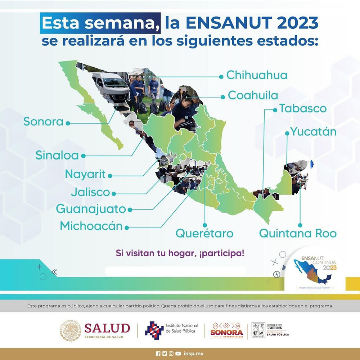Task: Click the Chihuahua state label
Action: click(x=257, y=76)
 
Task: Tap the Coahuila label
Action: click(x=253, y=95)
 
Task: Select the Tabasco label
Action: click(x=303, y=108)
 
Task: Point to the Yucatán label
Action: click(x=313, y=132)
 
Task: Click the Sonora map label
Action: click(x=43, y=122)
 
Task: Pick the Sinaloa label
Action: click(x=57, y=155)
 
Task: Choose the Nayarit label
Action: click(x=85, y=175)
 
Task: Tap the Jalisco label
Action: click(x=90, y=192)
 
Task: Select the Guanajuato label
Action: click(x=91, y=209)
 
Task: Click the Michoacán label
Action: click(x=91, y=226)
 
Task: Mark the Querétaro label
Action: click(x=204, y=233)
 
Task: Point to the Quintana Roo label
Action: click(x=298, y=233)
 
